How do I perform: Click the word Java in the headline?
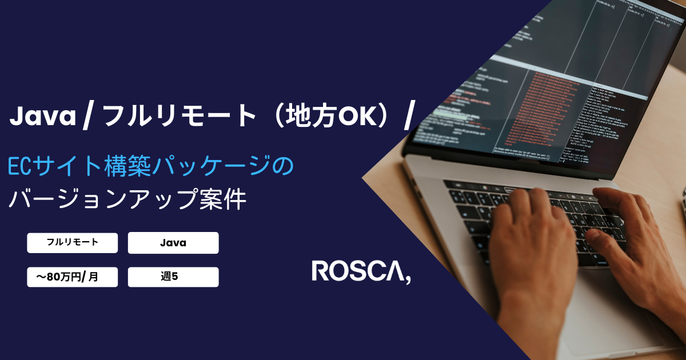click(43, 117)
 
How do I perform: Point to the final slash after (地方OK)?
click(408, 117)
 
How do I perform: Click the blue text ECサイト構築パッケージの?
click(151, 167)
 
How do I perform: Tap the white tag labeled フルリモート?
click(73, 242)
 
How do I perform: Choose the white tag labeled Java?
click(173, 243)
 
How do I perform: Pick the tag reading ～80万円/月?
click(73, 277)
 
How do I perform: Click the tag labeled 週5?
click(173, 277)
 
